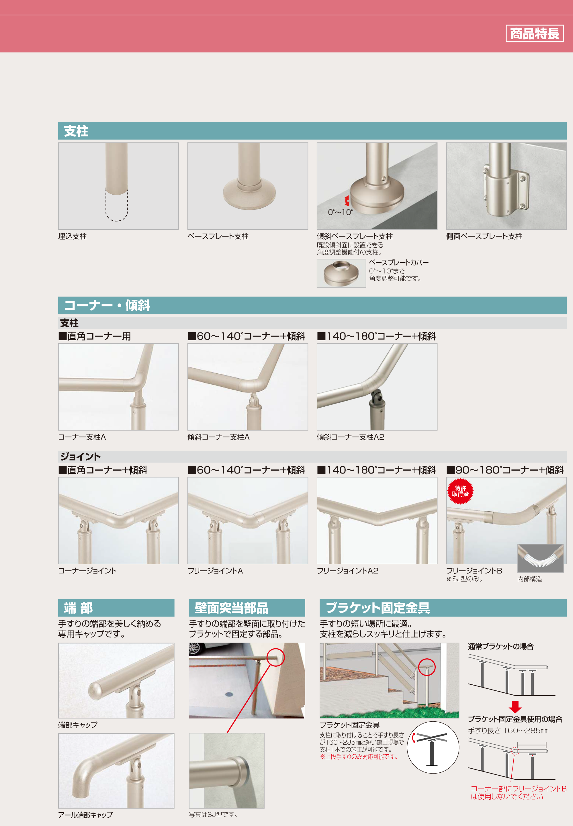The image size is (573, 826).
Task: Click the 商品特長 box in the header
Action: tap(534, 33)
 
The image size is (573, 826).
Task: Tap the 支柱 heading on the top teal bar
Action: tap(76, 131)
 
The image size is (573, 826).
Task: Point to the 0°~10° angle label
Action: tap(340, 212)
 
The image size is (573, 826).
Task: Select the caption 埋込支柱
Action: tap(73, 236)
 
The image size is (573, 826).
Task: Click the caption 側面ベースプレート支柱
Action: tap(484, 236)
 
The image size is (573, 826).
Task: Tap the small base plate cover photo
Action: tap(341, 273)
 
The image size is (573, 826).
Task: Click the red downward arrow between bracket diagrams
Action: tap(515, 707)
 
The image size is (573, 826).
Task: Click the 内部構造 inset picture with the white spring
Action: tap(540, 558)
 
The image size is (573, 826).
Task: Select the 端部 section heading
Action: tap(78, 608)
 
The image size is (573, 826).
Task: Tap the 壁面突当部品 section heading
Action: tap(231, 608)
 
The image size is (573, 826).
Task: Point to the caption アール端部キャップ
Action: tap(85, 815)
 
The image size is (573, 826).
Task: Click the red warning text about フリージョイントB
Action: tap(519, 792)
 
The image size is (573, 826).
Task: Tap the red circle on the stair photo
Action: tap(427, 667)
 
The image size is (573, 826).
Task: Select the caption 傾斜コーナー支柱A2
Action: tap(350, 437)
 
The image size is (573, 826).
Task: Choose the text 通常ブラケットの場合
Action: tap(500, 647)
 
